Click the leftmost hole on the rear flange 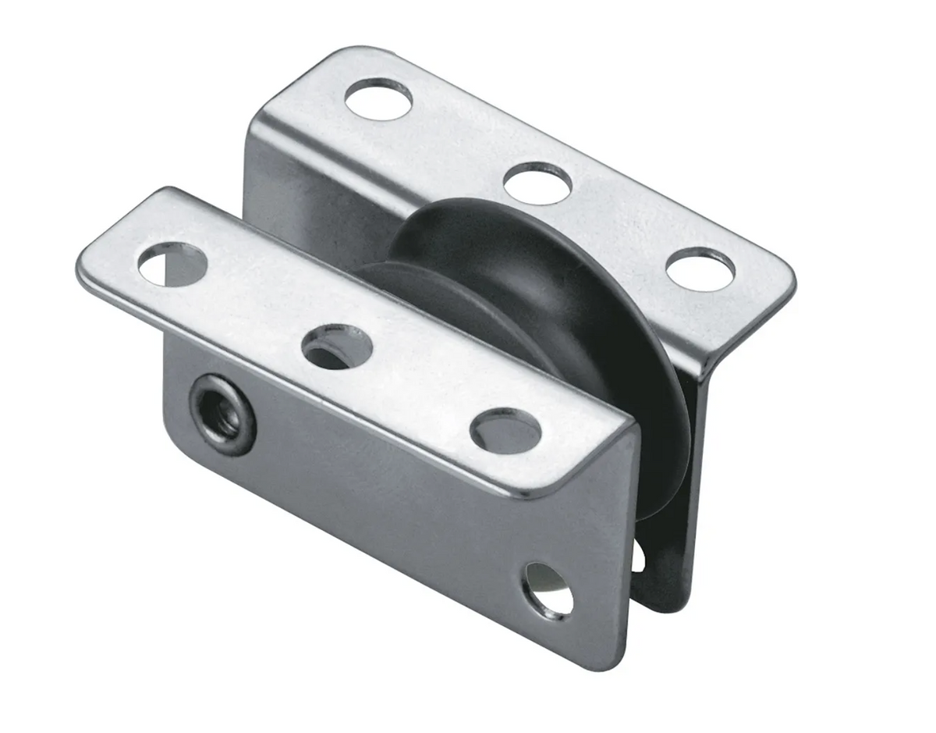378,99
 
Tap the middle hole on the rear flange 537,183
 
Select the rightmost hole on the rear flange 700,269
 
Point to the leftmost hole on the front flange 172,264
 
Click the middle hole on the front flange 336,347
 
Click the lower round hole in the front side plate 548,591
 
